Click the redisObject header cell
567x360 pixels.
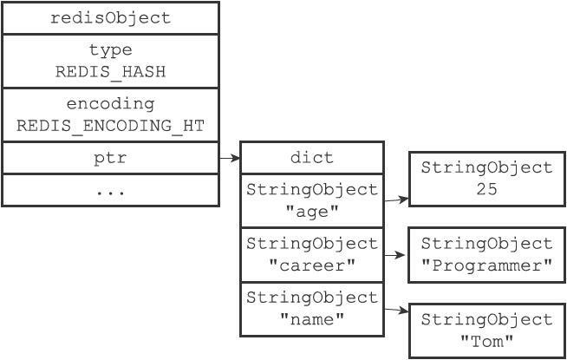click(111, 18)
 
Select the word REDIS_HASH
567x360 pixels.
click(111, 72)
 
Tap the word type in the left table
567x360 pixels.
click(111, 50)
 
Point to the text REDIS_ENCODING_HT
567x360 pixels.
click(111, 126)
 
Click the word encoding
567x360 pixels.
click(111, 105)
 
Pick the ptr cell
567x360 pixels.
click(111, 158)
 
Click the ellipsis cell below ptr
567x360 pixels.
click(111, 190)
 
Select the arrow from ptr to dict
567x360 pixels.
click(230, 158)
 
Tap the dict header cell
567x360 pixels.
click(312, 158)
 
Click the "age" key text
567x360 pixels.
click(312, 212)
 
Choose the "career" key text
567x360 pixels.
click(312, 265)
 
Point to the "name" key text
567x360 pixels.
click(312, 319)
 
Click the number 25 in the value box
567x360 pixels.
click(486, 189)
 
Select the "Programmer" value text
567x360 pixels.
click(486, 265)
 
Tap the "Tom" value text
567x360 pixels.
click(486, 341)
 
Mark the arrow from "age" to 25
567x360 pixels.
click(396, 200)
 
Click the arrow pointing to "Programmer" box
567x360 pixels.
click(394, 255)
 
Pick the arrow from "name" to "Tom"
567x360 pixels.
click(396, 310)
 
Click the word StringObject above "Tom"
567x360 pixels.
click(486, 320)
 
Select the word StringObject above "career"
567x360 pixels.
click(312, 244)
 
